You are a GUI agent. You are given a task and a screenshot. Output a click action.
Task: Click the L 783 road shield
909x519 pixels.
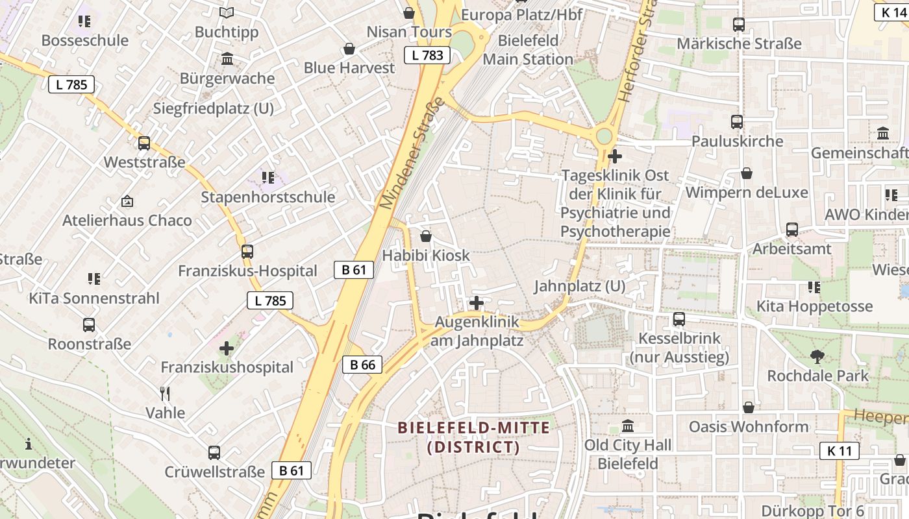click(427, 55)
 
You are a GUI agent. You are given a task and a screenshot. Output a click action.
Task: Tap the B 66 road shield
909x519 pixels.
click(362, 365)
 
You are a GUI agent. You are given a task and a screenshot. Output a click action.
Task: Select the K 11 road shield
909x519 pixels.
click(839, 451)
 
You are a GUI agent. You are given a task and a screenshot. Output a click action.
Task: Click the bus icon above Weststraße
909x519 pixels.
click(144, 143)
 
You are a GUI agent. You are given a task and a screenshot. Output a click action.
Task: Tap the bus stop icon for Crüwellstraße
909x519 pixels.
click(214, 452)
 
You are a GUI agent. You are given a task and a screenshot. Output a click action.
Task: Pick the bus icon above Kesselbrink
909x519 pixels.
click(679, 319)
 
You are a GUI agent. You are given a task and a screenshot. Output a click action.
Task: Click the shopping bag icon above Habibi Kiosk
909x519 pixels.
click(426, 236)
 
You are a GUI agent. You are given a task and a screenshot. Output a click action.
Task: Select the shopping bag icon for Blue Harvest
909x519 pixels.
click(349, 49)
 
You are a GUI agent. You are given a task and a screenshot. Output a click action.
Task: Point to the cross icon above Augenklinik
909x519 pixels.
click(477, 302)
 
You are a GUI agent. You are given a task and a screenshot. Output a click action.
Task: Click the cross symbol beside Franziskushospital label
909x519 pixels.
click(226, 348)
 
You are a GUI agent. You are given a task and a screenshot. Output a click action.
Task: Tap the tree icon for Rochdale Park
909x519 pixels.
click(817, 356)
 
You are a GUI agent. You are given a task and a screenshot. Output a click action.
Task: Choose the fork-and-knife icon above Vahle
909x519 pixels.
click(165, 393)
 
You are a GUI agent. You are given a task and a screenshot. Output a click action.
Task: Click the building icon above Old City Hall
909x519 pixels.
click(628, 426)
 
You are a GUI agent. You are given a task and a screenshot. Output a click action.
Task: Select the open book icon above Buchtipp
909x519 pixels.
click(226, 12)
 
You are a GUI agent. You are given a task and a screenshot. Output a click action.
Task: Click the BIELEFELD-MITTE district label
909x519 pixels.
click(474, 437)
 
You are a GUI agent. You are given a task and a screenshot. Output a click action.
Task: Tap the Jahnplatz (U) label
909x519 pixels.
click(579, 286)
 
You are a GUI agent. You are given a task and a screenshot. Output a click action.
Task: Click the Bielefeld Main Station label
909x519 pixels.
click(528, 50)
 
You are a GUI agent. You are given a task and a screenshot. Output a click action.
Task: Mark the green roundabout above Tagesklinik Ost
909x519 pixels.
click(604, 136)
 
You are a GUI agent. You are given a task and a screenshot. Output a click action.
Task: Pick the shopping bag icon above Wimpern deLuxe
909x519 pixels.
click(747, 173)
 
